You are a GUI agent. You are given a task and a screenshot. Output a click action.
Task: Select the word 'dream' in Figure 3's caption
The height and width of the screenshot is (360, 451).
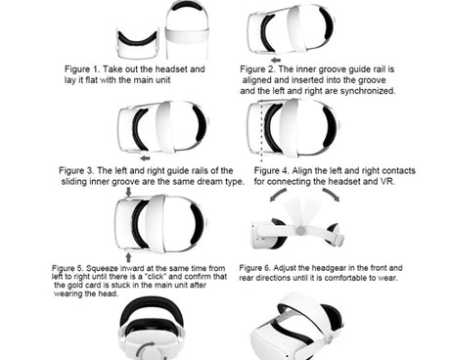click(x=209, y=181)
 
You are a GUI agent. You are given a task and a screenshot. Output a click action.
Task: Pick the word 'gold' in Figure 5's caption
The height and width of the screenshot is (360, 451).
click(x=74, y=286)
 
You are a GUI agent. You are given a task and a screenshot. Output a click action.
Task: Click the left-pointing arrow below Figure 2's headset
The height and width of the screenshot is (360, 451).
click(x=276, y=60)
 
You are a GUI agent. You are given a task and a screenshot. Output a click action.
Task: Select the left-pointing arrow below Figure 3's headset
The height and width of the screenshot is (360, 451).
click(x=145, y=158)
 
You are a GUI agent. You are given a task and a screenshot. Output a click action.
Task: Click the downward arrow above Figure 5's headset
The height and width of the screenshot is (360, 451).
click(x=128, y=192)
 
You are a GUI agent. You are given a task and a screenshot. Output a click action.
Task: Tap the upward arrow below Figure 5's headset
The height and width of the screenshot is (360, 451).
click(x=128, y=257)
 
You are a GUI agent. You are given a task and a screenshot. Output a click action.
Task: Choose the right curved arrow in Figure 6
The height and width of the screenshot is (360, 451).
click(x=332, y=194)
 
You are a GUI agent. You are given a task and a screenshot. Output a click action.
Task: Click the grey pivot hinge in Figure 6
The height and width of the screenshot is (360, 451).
click(x=300, y=231)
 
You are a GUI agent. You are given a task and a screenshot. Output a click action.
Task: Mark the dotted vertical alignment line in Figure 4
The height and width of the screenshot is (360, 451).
click(x=261, y=131)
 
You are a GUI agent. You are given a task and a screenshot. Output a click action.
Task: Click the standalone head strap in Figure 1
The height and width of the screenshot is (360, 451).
click(x=187, y=31)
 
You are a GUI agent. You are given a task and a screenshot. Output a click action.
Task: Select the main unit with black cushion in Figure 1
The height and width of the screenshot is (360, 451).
click(x=138, y=44)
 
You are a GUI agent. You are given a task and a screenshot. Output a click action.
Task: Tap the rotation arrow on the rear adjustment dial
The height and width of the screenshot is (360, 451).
click(x=146, y=349)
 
